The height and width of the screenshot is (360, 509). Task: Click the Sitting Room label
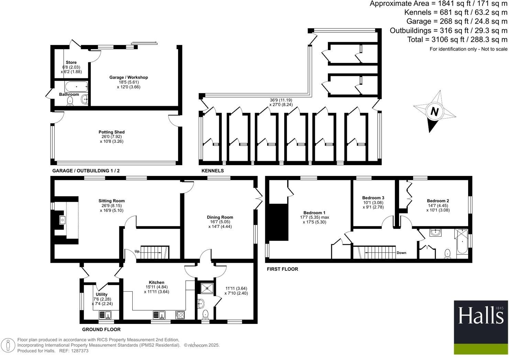(111, 201)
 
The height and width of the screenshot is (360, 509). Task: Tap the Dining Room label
(220, 217)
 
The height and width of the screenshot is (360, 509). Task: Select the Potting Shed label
(111, 132)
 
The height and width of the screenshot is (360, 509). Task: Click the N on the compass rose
(435, 112)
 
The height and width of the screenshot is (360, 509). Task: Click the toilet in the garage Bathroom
(70, 101)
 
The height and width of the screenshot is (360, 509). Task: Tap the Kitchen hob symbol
(180, 315)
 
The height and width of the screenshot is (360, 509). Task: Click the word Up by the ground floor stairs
(137, 251)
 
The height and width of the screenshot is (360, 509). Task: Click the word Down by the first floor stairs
(401, 253)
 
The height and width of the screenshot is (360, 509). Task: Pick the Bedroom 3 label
(373, 198)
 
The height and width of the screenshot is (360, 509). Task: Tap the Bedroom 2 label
(438, 201)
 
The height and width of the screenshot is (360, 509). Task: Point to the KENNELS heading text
(212, 171)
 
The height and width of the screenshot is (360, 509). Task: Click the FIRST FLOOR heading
(282, 269)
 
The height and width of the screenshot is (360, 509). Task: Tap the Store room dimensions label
(71, 69)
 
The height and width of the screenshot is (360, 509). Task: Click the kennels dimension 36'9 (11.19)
(281, 100)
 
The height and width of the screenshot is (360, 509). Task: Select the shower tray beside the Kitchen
(205, 288)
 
